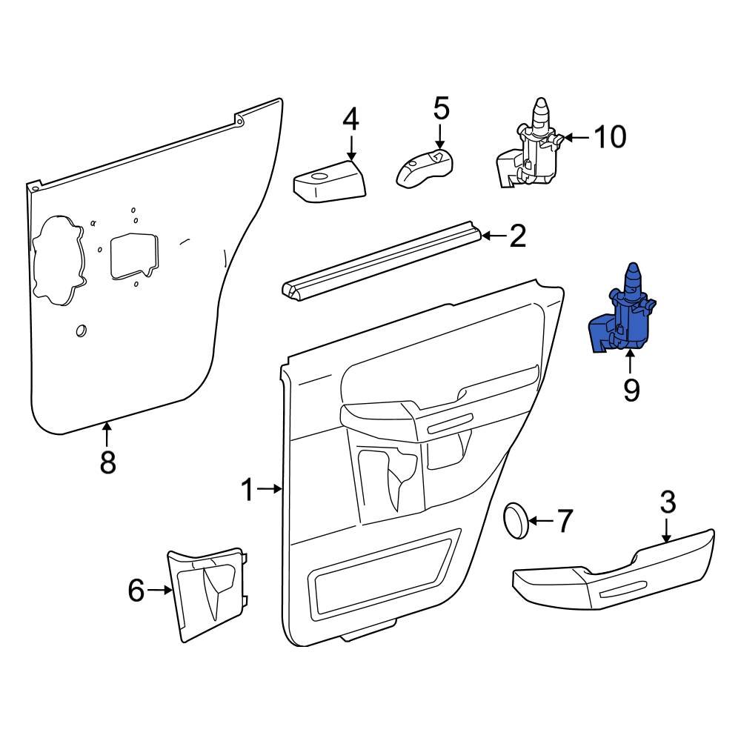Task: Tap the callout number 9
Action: tap(631, 389)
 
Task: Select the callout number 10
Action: tap(610, 137)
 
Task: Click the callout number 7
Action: tap(565, 522)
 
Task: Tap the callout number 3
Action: tap(668, 502)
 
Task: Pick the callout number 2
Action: tap(516, 237)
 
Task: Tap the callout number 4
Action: tap(350, 119)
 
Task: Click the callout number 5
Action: tap(440, 109)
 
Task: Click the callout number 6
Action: tap(136, 591)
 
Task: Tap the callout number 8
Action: tap(108, 462)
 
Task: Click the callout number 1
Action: tap(248, 489)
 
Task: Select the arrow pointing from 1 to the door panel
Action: tap(270, 489)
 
